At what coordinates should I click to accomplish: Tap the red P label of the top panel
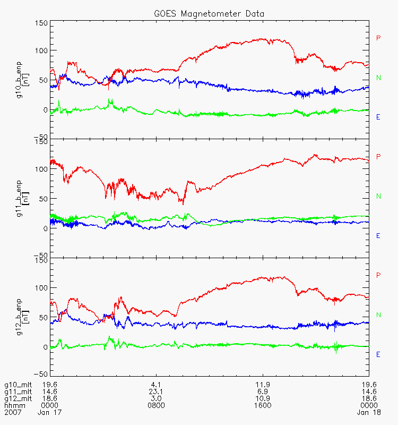point(378,38)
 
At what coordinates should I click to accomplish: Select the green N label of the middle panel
point(378,196)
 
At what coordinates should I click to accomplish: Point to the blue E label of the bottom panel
point(378,354)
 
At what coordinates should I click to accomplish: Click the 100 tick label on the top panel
point(41,50)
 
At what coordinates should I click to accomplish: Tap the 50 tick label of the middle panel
point(44,199)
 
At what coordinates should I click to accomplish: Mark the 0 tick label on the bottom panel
point(46,347)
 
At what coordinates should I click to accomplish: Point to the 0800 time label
point(156,405)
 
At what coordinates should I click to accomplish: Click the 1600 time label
point(263,405)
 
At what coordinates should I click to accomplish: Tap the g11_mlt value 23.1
point(156,391)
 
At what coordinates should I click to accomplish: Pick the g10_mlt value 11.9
point(263,384)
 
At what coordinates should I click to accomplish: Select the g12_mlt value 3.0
point(156,398)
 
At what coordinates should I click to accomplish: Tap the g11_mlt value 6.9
point(263,391)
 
